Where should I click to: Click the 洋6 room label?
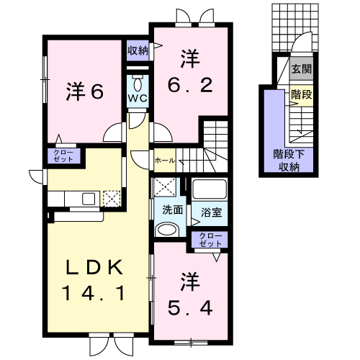(x=86, y=91)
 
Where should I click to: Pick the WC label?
(x=138, y=97)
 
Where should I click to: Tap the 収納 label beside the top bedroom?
(x=138, y=50)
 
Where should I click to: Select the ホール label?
(x=163, y=161)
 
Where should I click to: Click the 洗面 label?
(x=170, y=212)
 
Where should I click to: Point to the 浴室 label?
(x=210, y=212)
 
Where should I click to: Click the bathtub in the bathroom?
(x=209, y=191)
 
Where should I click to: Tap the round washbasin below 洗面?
(x=166, y=230)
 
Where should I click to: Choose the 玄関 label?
(x=301, y=70)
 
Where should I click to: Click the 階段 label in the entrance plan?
(x=301, y=94)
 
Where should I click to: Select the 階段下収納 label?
(x=287, y=161)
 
